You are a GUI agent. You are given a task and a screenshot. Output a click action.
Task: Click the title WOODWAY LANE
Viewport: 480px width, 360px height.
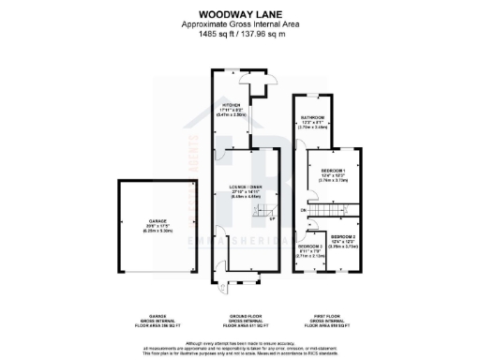(x=239, y=14)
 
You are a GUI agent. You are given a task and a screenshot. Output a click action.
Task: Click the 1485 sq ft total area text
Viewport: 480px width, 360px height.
(x=239, y=35)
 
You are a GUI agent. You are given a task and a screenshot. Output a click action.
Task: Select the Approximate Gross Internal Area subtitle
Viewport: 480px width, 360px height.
(x=239, y=25)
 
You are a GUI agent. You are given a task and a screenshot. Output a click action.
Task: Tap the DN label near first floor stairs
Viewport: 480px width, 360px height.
(x=303, y=210)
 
